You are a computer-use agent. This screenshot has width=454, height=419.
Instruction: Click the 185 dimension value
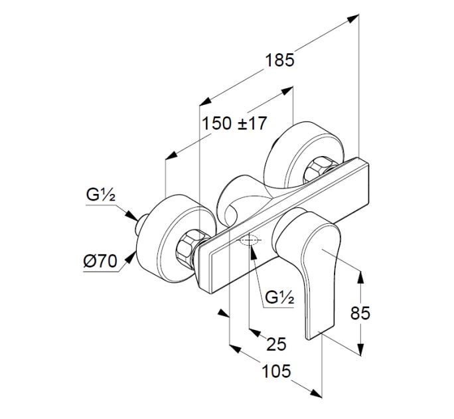[279, 60]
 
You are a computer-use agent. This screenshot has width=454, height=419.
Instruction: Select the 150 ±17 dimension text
[234, 123]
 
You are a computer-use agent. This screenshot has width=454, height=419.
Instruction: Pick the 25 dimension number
[275, 343]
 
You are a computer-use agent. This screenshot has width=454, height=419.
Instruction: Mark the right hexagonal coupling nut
[321, 165]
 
